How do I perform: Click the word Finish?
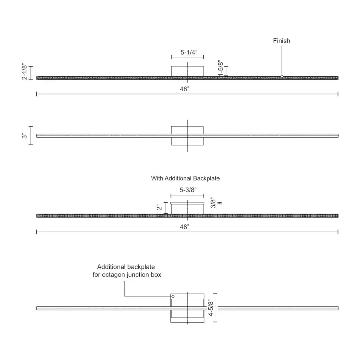click(x=282, y=41)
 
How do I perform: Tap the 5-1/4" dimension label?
click(x=189, y=52)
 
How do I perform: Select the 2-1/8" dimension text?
click(x=24, y=72)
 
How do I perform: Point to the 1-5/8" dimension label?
click(x=220, y=68)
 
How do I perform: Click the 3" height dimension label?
click(x=24, y=136)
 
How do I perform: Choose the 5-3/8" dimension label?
click(x=188, y=190)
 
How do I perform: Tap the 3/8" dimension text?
click(x=213, y=203)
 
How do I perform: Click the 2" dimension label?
click(x=159, y=207)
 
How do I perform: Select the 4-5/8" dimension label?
click(x=211, y=308)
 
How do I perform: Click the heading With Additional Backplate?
click(x=185, y=178)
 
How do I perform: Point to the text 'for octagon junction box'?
click(x=127, y=274)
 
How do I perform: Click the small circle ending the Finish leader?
click(x=282, y=76)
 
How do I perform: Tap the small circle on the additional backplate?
click(x=173, y=296)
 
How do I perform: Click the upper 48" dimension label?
click(x=184, y=89)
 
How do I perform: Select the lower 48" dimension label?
click(x=184, y=227)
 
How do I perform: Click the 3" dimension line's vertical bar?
click(x=31, y=136)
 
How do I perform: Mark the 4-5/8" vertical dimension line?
click(x=215, y=308)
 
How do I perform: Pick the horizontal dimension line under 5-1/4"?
click(x=187, y=57)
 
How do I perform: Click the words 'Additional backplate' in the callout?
click(x=126, y=267)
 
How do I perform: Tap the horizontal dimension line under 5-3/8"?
click(x=187, y=196)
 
